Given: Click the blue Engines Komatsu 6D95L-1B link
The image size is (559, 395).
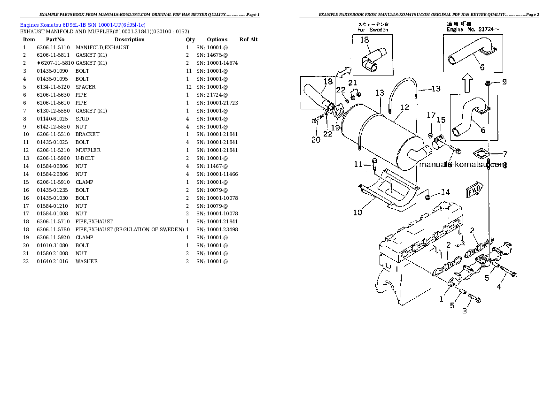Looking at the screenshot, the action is (83, 24).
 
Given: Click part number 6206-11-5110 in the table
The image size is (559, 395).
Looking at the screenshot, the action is (53, 47).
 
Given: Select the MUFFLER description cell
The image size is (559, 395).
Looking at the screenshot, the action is (88, 150).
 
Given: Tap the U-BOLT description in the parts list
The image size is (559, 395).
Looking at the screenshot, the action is (85, 158).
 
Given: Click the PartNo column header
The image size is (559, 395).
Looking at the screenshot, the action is (55, 39).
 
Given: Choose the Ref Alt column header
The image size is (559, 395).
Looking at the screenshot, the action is (248, 39).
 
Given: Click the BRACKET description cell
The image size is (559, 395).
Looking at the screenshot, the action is (87, 134).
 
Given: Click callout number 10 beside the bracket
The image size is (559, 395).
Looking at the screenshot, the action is (357, 213).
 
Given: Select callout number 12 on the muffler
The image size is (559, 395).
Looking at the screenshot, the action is (404, 108).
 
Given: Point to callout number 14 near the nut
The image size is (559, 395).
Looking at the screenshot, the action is (445, 192).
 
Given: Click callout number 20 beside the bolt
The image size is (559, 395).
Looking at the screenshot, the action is (316, 139).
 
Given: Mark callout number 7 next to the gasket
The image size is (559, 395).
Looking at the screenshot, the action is (505, 153).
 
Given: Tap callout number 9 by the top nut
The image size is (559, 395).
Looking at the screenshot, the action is (504, 82).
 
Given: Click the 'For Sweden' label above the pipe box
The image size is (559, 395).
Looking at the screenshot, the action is (373, 30).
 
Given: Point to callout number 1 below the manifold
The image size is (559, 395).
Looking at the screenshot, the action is (441, 298).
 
